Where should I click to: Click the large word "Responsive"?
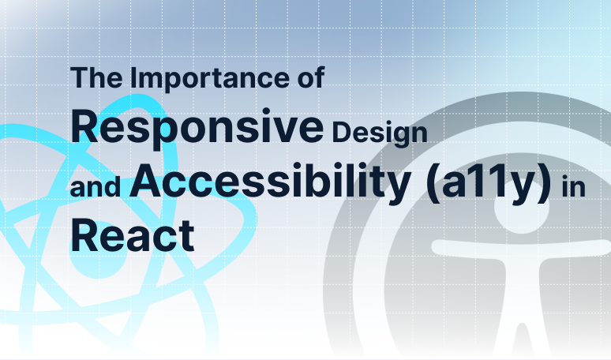pos(197,127)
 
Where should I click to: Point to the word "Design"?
pos(380,130)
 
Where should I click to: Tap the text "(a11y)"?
pos(493,183)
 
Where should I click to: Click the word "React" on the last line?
pos(133,235)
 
